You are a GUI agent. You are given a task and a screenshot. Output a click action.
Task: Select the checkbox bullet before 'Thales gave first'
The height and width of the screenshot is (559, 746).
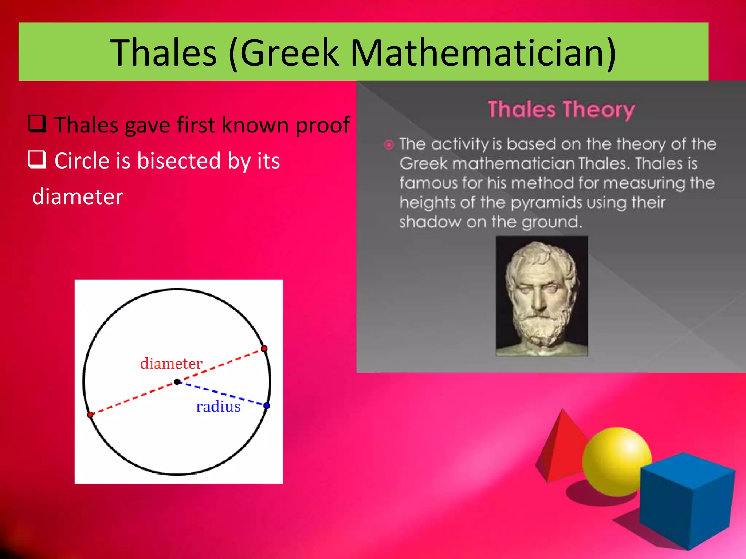click(x=37, y=124)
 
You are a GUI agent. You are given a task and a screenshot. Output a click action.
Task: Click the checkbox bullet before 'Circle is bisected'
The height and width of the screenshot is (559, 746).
click(x=37, y=159)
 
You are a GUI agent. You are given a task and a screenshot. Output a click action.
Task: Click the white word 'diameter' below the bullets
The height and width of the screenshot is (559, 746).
click(x=78, y=197)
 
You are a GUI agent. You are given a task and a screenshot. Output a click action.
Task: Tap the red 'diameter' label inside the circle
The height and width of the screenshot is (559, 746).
click(x=171, y=364)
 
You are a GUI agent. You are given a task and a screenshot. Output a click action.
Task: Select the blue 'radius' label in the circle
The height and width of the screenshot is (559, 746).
click(x=218, y=407)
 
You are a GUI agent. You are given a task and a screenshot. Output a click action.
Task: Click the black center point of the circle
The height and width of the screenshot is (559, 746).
click(x=177, y=382)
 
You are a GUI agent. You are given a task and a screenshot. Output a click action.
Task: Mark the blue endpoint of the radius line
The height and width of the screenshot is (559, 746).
click(x=267, y=405)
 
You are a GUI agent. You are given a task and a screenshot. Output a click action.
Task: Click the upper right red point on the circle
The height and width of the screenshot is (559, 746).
click(x=264, y=349)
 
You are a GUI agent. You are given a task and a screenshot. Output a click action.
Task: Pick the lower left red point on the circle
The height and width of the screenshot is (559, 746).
click(x=90, y=415)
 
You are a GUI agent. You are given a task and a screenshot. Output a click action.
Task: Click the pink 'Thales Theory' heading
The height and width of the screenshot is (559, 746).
click(x=561, y=110)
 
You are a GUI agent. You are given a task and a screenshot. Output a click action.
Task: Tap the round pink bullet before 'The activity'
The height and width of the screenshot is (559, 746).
click(x=389, y=145)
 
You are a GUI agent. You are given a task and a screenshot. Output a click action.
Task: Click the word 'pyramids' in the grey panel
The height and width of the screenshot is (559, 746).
click(x=546, y=203)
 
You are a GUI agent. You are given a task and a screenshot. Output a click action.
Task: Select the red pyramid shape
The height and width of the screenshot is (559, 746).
click(x=561, y=448)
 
